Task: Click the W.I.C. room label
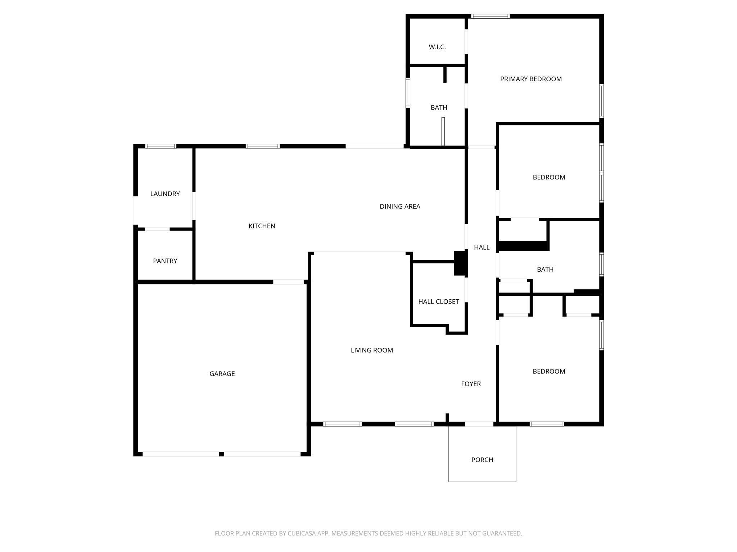(x=437, y=47)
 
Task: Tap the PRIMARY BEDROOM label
(x=531, y=79)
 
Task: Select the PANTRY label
(x=165, y=261)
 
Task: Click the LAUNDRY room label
(x=165, y=194)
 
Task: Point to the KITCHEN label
(x=262, y=226)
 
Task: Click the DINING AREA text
(x=400, y=206)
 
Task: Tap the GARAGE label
(x=222, y=374)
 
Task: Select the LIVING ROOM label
(x=372, y=350)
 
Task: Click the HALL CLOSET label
(x=438, y=302)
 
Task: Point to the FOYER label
(x=471, y=384)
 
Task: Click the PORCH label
(x=482, y=460)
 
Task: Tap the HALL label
(x=481, y=247)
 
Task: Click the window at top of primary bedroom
(x=490, y=16)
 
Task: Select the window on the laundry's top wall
(x=160, y=146)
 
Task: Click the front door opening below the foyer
(x=479, y=424)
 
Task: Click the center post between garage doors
(x=222, y=454)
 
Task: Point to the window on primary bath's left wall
(x=408, y=93)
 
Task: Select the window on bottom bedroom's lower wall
(x=547, y=424)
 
